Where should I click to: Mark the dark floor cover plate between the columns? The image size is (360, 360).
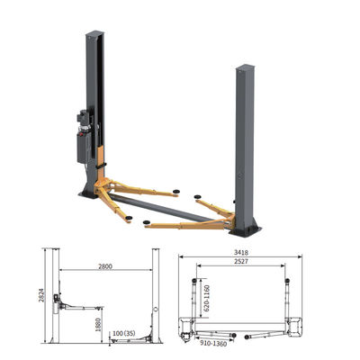171,209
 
